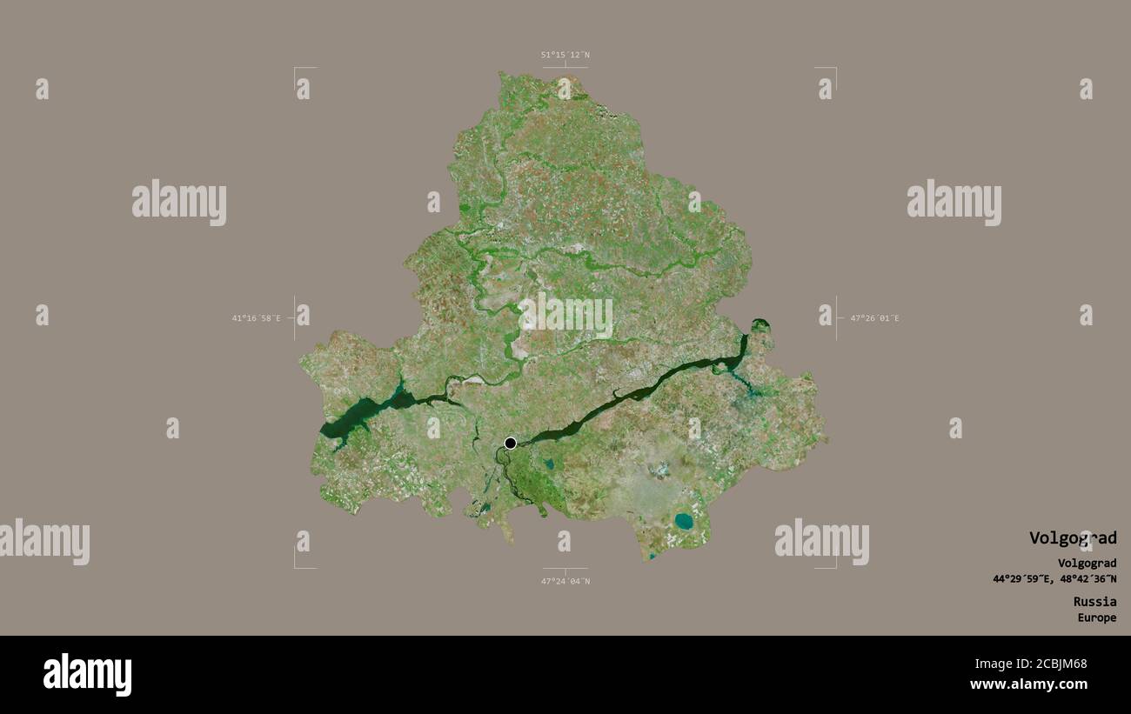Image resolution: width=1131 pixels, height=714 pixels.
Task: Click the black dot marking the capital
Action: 511,444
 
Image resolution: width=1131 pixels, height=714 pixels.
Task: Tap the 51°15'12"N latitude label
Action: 565,55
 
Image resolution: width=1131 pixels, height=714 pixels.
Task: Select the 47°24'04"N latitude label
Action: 565,581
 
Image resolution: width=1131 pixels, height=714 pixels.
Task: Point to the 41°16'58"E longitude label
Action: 256,318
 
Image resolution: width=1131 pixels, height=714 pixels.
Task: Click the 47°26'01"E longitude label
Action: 874,318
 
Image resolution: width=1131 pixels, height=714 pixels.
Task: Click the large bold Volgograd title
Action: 1072,538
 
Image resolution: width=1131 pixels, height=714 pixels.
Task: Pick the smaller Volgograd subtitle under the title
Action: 1087,564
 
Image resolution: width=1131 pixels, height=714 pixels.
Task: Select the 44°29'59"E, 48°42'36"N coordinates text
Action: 1054,579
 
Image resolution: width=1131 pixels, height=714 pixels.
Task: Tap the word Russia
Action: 1094,602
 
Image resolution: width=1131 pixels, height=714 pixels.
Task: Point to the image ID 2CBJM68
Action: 1056,664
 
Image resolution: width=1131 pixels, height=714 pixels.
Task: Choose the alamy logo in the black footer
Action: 87,675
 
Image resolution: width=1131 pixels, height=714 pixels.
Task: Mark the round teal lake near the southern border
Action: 684,522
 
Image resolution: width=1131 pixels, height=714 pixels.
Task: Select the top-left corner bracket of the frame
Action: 296,69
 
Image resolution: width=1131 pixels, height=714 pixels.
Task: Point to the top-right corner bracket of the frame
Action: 834,69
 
